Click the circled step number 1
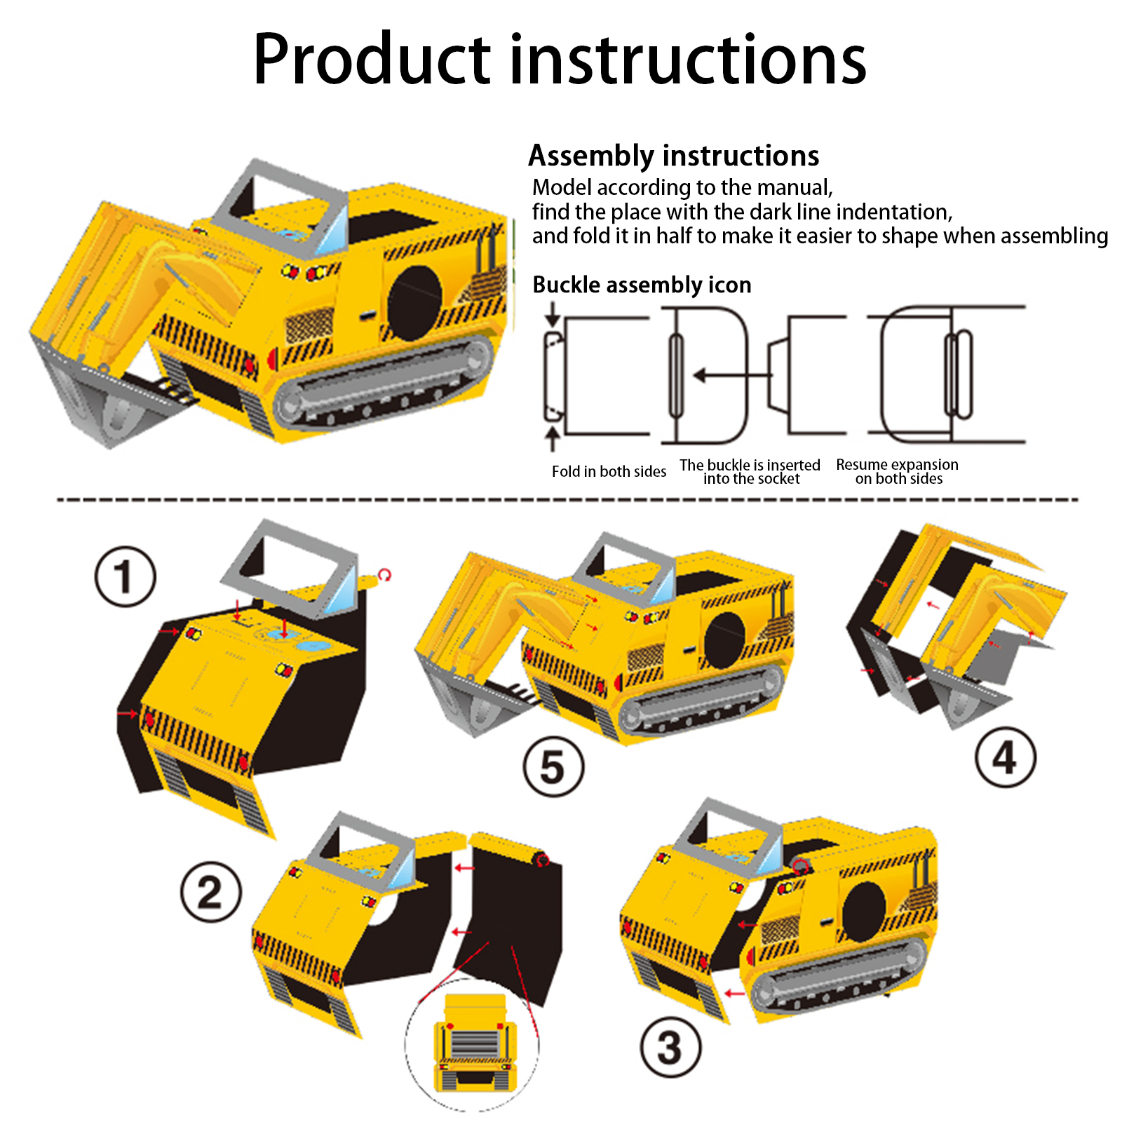click(x=125, y=576)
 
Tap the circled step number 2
click(x=211, y=892)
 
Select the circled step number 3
click(x=670, y=1047)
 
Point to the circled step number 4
click(x=1006, y=757)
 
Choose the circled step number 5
click(x=553, y=766)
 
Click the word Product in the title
click(x=372, y=59)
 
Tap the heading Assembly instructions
click(x=674, y=156)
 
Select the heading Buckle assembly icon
click(x=642, y=285)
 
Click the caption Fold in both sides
click(x=609, y=471)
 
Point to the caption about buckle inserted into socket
click(x=750, y=471)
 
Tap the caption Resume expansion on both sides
click(x=898, y=471)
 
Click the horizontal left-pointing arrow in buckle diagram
click(x=733, y=376)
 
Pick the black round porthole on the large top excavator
click(x=414, y=303)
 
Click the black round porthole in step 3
click(x=864, y=912)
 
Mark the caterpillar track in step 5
click(x=701, y=698)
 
